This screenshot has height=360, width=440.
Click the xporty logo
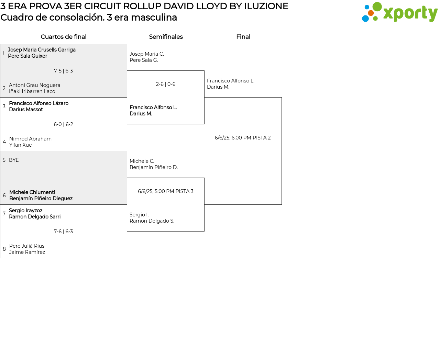[x=399, y=12]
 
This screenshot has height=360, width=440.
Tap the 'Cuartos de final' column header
[x=64, y=37]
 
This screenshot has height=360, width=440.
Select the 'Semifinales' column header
[x=166, y=37]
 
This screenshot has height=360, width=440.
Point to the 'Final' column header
[x=243, y=37]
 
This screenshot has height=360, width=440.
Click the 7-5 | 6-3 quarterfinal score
[x=63, y=71]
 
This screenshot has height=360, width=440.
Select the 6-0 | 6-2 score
[x=63, y=124]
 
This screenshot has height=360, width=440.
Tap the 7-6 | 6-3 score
[x=63, y=232]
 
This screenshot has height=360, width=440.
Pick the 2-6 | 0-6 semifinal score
[x=166, y=84]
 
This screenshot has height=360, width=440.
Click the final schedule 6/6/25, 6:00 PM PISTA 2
[x=243, y=138]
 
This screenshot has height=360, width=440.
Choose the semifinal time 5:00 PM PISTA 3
[x=166, y=191]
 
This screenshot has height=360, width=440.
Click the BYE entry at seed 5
[x=14, y=160]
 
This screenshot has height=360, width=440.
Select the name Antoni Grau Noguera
[x=34, y=85]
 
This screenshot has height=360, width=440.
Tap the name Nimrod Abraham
[x=30, y=139]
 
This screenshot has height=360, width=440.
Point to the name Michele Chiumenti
[x=32, y=192]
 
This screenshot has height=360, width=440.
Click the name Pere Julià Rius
[x=27, y=246]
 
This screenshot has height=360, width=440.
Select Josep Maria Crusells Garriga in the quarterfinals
[x=42, y=50]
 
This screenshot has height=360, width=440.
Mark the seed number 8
[x=4, y=249]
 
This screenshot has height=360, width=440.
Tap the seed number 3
[x=4, y=106]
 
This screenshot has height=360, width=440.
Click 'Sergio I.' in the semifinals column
[x=139, y=215]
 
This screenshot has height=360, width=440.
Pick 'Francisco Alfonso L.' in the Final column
[x=231, y=81]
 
